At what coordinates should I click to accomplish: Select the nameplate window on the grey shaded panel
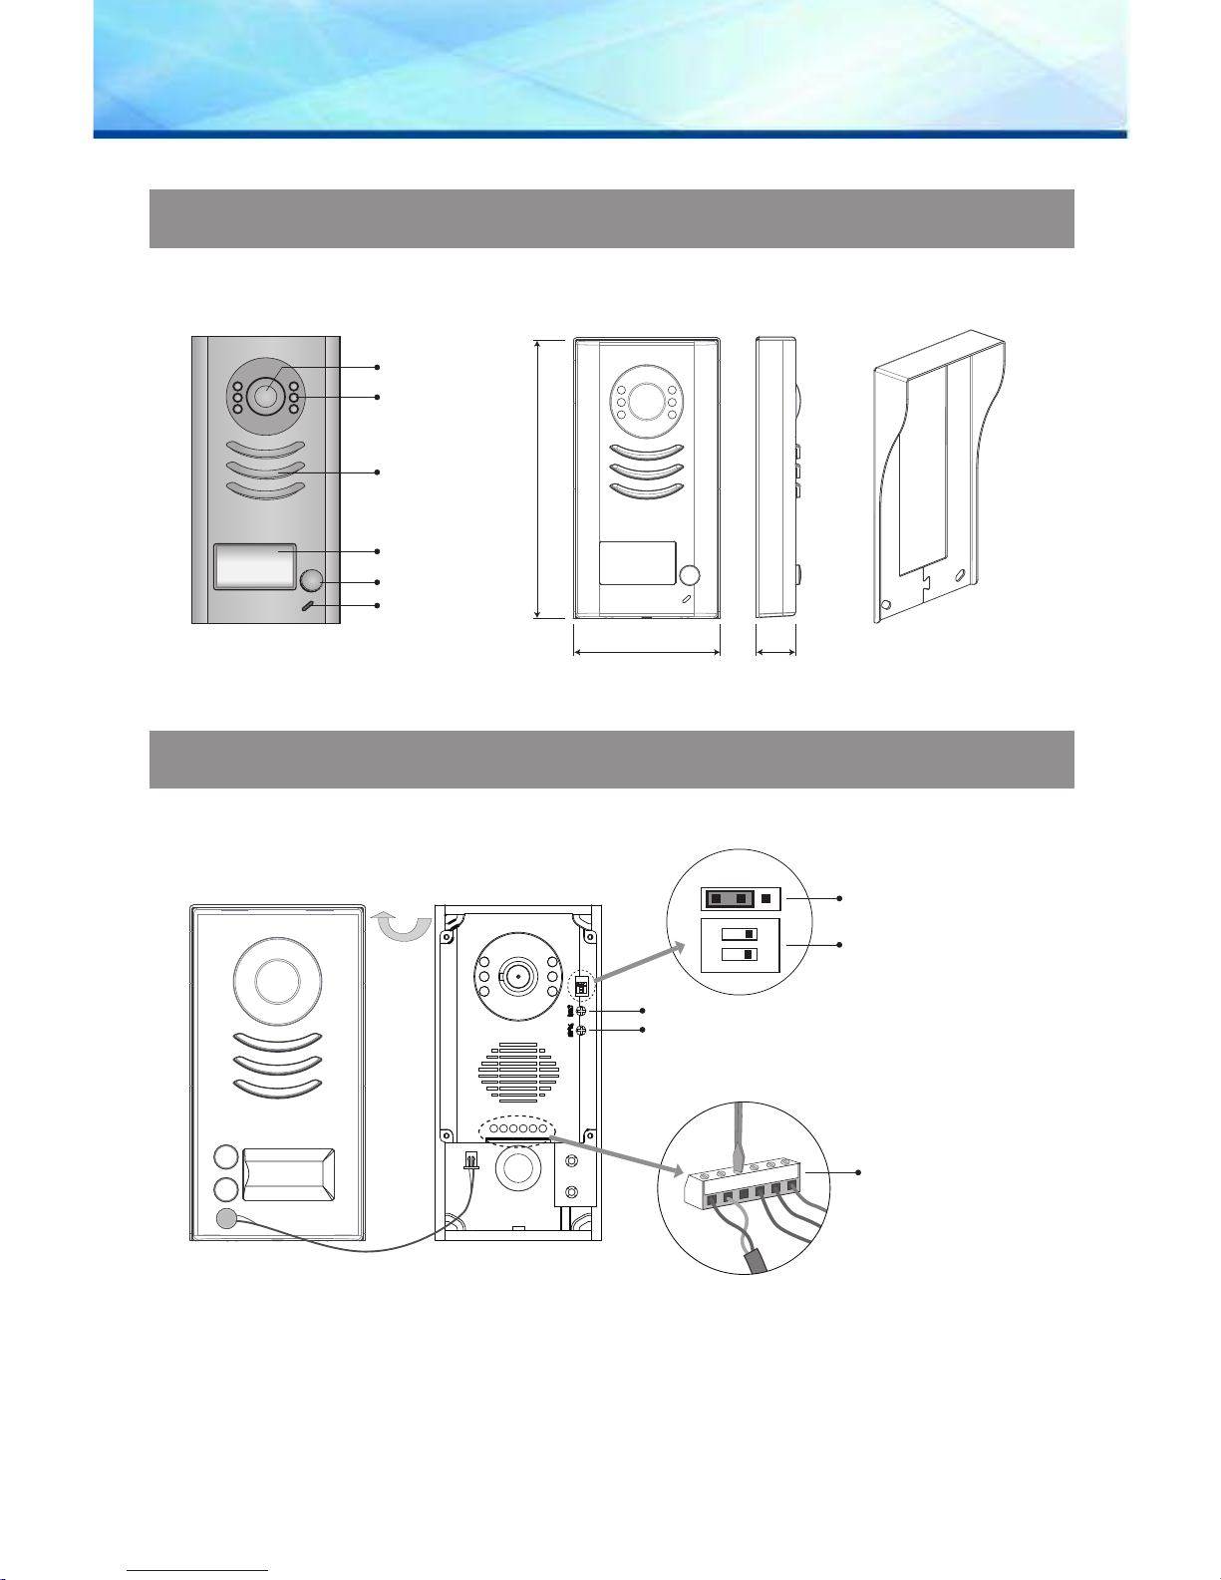(x=254, y=567)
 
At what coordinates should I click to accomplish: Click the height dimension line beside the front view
(x=538, y=478)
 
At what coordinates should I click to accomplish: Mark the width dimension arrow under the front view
(x=647, y=654)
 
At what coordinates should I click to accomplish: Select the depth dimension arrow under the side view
(x=775, y=654)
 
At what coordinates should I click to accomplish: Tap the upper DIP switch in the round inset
(x=739, y=934)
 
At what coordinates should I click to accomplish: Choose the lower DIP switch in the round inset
(x=739, y=955)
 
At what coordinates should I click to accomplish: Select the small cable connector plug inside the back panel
(x=471, y=1160)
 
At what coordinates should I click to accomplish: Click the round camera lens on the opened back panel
(x=517, y=977)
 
